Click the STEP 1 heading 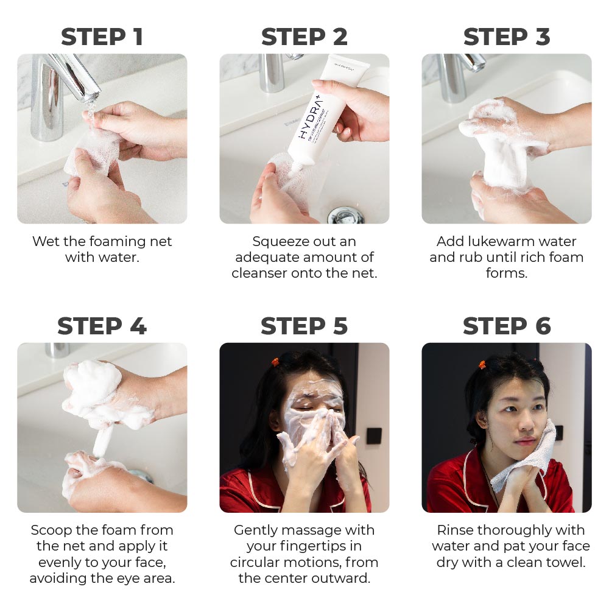tap(102, 37)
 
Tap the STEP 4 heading tap(102, 326)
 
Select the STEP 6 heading tap(507, 326)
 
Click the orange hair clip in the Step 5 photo tap(275, 362)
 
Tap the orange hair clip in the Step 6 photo tap(482, 365)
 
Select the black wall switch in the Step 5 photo tap(373, 436)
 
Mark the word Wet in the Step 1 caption tap(46, 241)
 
